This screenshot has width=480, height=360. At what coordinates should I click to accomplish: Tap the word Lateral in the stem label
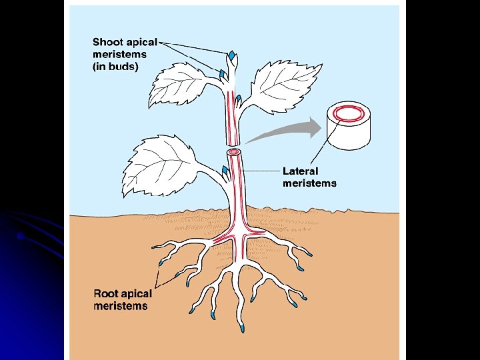click(301, 171)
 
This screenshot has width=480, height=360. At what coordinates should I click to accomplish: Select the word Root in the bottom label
click(106, 294)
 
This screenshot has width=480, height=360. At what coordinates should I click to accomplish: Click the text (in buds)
click(115, 67)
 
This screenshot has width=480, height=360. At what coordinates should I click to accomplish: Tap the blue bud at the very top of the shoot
click(231, 55)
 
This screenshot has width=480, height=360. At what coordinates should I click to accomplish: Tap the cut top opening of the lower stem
click(233, 152)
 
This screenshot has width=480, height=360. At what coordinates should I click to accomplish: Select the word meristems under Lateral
click(309, 183)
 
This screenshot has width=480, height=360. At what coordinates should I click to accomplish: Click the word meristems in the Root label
click(121, 306)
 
